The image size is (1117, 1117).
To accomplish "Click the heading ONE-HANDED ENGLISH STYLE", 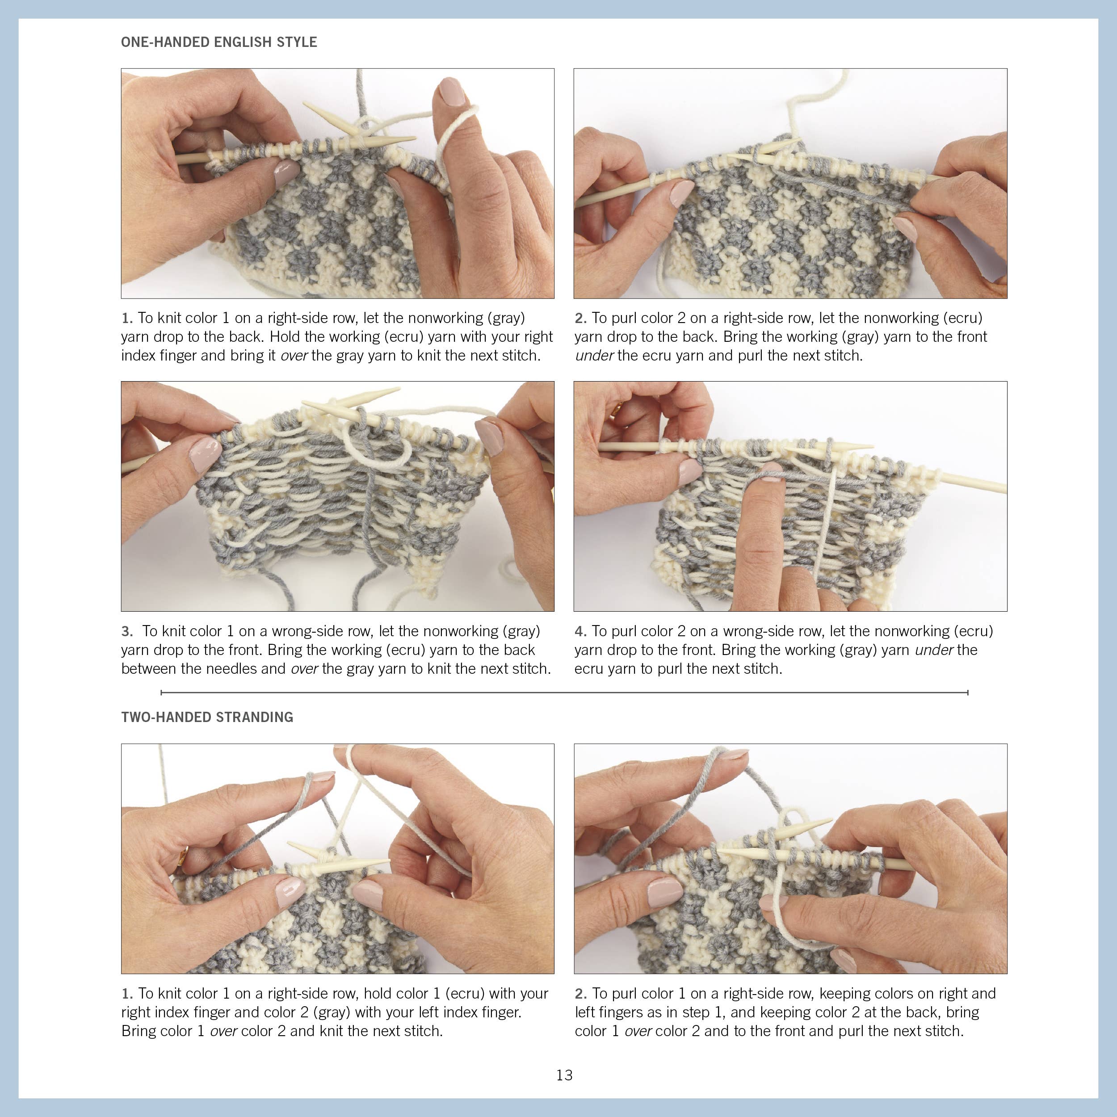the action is pos(218,42).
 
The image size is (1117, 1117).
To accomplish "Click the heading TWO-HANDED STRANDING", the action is pos(207,717).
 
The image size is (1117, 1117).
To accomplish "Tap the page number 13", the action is pos(564,1075).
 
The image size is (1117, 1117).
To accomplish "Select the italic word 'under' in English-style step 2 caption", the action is pos(594,356).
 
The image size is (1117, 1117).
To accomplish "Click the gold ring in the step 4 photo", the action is pos(617,409).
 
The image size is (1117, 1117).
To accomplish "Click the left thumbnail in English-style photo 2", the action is pos(681,193).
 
